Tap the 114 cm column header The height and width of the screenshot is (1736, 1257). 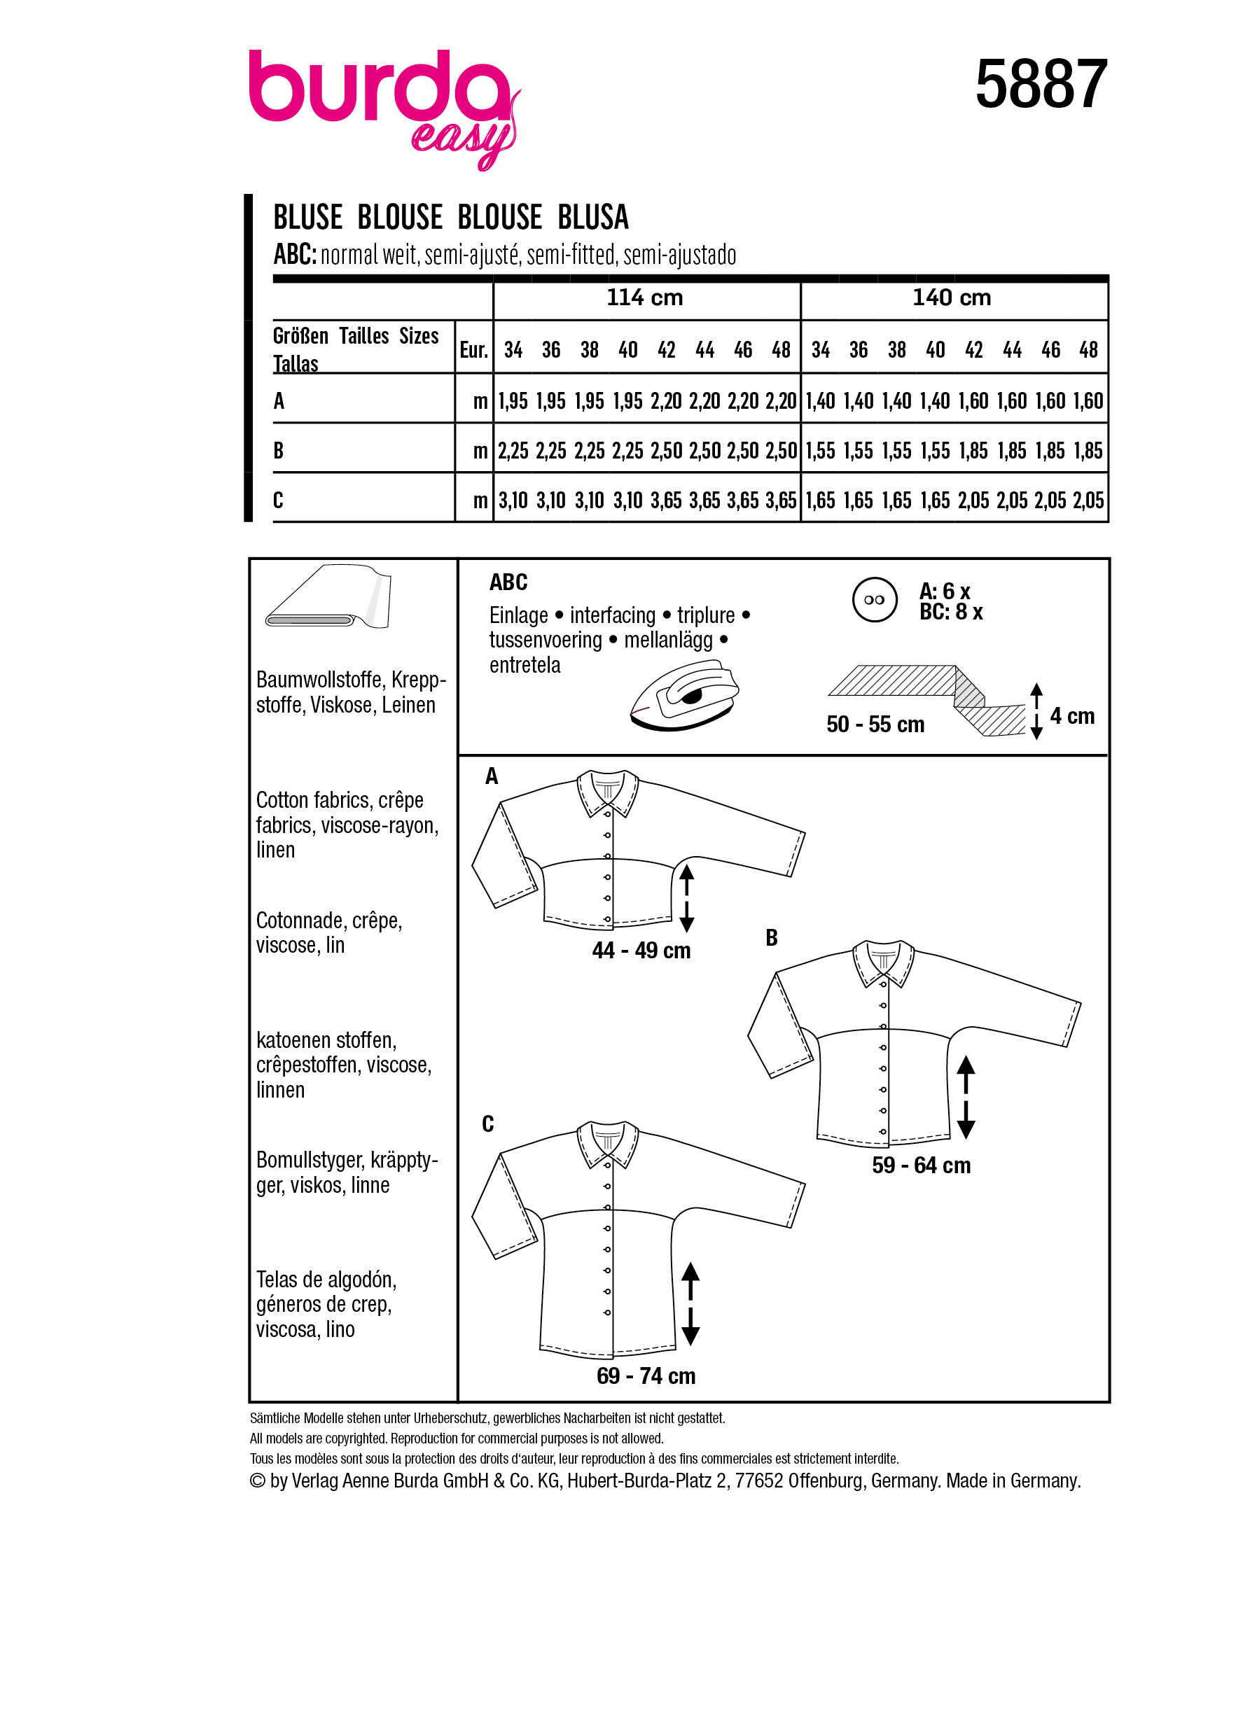click(x=644, y=297)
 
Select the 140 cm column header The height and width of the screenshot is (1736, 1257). click(x=951, y=297)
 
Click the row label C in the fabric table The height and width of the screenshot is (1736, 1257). click(x=278, y=500)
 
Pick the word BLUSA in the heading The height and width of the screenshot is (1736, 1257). click(x=592, y=218)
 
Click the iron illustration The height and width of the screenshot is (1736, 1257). click(x=683, y=695)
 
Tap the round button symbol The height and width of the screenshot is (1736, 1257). click(x=873, y=600)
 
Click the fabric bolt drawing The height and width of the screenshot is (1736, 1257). click(x=328, y=598)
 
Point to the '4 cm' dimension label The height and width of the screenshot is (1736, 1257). click(x=1071, y=716)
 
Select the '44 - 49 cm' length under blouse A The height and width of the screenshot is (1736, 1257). click(x=641, y=951)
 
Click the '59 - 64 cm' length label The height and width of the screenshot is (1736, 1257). click(x=921, y=1165)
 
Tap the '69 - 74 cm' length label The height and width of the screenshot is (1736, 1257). click(x=646, y=1376)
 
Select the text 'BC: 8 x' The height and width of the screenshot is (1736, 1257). click(x=951, y=612)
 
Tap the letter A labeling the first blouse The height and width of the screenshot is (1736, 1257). click(x=492, y=776)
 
